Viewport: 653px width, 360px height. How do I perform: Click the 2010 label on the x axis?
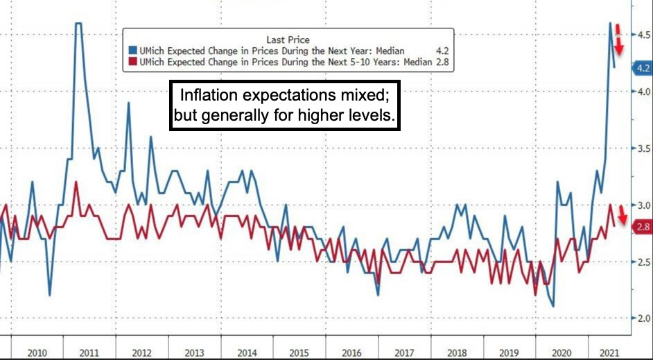[x=37, y=353]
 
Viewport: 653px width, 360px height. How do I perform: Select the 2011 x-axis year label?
[x=90, y=353]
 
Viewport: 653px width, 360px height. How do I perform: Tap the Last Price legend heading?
[x=288, y=40]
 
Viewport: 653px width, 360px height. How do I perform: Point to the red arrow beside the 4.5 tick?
[x=620, y=40]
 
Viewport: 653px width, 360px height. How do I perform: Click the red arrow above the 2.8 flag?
[x=622, y=214]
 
